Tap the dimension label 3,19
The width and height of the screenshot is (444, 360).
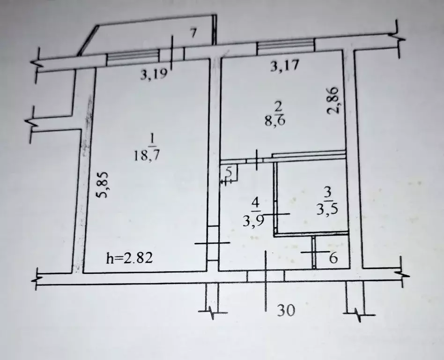[154, 75]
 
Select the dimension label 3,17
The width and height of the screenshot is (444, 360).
[285, 66]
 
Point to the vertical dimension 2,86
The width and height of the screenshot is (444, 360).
[333, 100]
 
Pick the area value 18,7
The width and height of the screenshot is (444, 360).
[147, 155]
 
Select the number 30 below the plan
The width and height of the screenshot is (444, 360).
[286, 310]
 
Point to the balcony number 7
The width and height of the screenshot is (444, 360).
[193, 33]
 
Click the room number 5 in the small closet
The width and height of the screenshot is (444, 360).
[229, 172]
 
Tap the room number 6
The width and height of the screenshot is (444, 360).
[333, 258]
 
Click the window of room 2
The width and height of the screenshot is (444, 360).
[285, 45]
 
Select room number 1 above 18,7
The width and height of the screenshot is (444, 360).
[152, 139]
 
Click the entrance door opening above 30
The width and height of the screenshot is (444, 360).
[266, 276]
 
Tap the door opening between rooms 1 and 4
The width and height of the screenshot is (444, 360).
[213, 243]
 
